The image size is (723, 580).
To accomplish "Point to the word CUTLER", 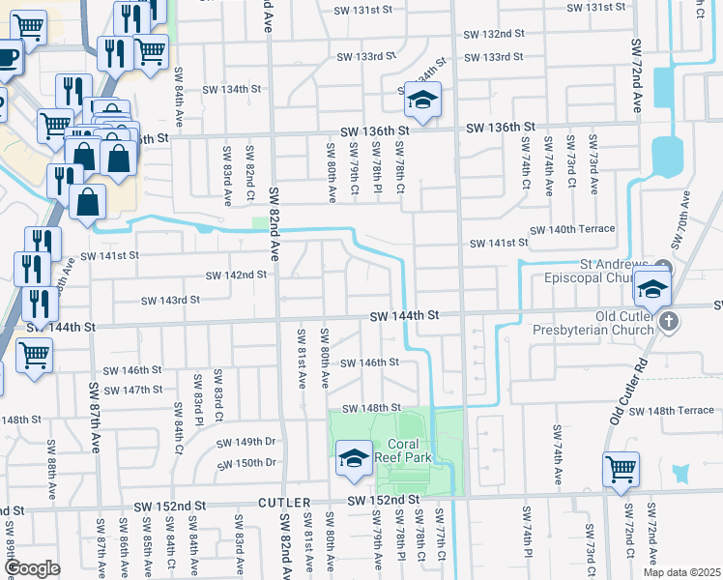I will pos(283,504).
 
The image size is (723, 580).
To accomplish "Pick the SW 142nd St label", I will pos(236,275).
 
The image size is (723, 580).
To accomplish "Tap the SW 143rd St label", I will pos(169,300).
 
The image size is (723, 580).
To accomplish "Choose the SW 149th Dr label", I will pos(246,442).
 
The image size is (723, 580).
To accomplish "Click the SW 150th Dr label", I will pos(246,462).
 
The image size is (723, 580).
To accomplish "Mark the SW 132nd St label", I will pos(493,33).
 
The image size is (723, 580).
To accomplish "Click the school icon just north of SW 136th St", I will pos(422,98).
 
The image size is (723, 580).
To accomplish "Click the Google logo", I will pos(33,567).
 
